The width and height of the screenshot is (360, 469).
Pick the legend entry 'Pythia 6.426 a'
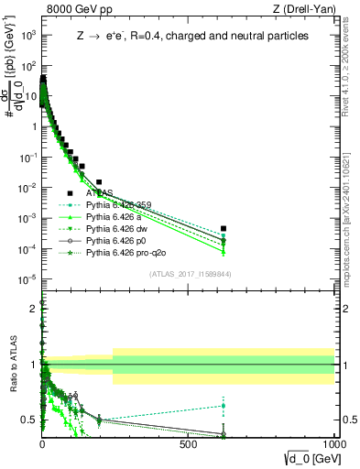pos(115,217)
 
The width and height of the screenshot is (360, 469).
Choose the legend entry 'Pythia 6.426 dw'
pos(117,229)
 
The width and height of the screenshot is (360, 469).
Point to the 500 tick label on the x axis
pos(190,444)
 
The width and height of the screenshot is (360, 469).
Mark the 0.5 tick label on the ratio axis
pos(27,420)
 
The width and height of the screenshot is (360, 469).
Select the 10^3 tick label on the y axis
pos(26,34)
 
